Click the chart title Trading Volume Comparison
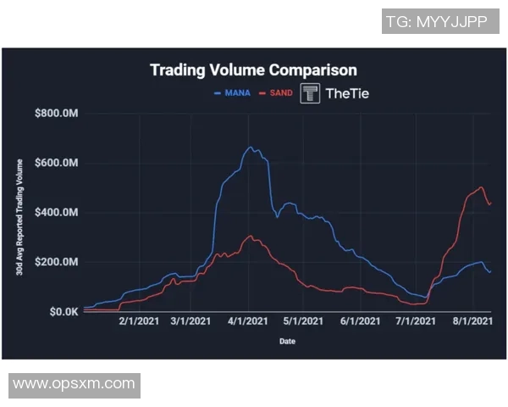253,70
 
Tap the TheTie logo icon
310,93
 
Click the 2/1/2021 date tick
137,322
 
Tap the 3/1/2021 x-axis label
191,322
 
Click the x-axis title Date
288,342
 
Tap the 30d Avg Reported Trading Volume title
19,212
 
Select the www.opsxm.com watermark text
75,384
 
